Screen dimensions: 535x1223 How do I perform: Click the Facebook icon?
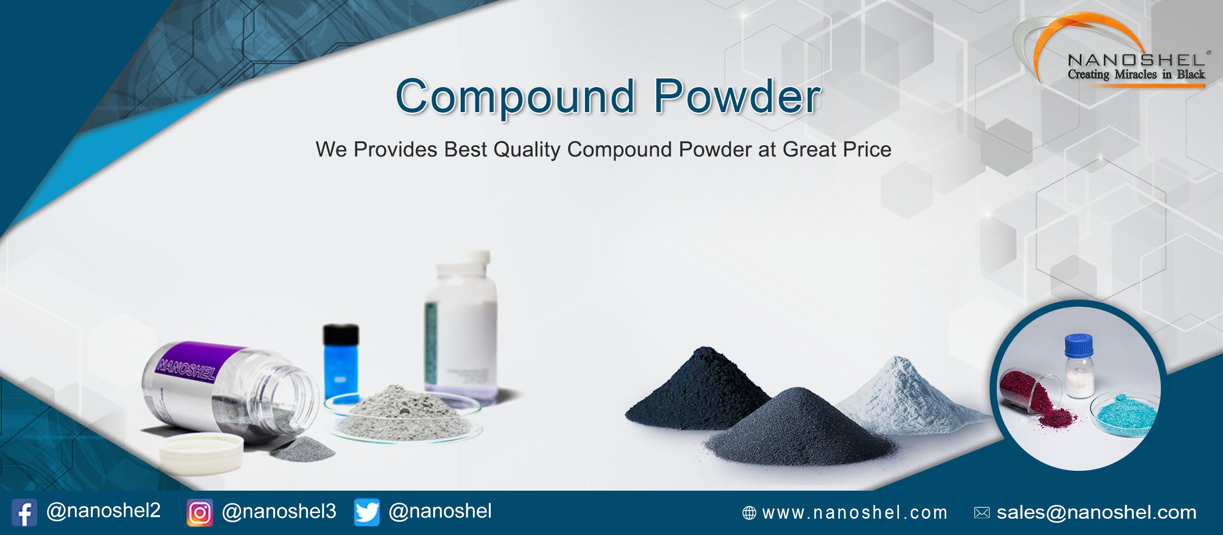point(24,513)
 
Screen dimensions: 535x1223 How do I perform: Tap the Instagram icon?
point(199,513)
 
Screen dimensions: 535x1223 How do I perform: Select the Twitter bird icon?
point(367,512)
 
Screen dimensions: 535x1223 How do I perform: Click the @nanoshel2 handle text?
point(103,511)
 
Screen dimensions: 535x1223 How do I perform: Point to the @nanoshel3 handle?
point(279,511)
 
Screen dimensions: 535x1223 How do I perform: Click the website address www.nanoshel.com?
point(855,513)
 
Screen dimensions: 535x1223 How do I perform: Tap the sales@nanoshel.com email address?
point(1096,513)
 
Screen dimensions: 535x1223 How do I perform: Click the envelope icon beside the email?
point(981,513)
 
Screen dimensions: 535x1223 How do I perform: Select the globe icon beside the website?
point(749,513)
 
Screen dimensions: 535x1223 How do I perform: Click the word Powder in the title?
point(737,97)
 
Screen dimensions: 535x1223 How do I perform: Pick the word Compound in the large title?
point(515,97)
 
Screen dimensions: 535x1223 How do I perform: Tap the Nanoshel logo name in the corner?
point(1136,60)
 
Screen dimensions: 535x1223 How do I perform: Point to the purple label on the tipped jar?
point(194,363)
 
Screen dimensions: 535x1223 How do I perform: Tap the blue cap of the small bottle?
point(1078,344)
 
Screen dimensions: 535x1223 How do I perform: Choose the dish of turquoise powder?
point(1124,413)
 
